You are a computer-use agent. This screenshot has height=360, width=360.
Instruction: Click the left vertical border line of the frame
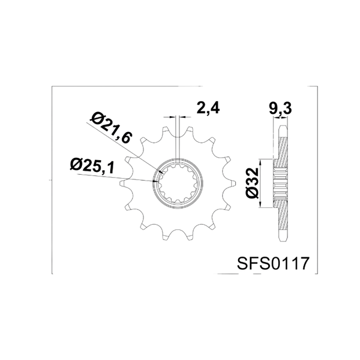pos(52,180)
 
